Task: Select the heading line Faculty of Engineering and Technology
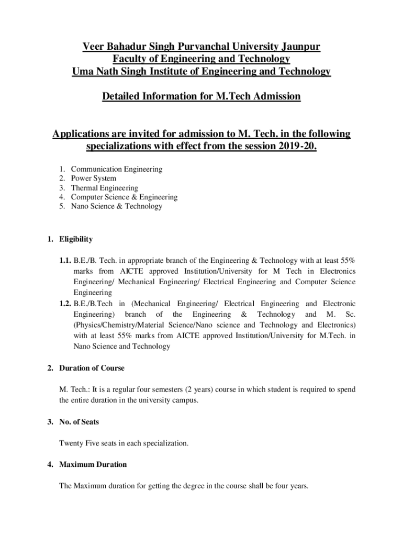201,59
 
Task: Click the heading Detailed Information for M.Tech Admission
201,96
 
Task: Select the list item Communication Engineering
116,169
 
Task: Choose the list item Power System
94,178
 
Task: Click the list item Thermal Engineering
105,188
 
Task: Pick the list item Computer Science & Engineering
124,197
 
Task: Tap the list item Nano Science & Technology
116,206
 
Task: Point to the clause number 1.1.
65,260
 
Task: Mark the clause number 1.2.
65,304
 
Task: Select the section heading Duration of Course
92,368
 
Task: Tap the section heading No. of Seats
79,421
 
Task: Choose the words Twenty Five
79,443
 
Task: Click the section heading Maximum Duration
93,464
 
